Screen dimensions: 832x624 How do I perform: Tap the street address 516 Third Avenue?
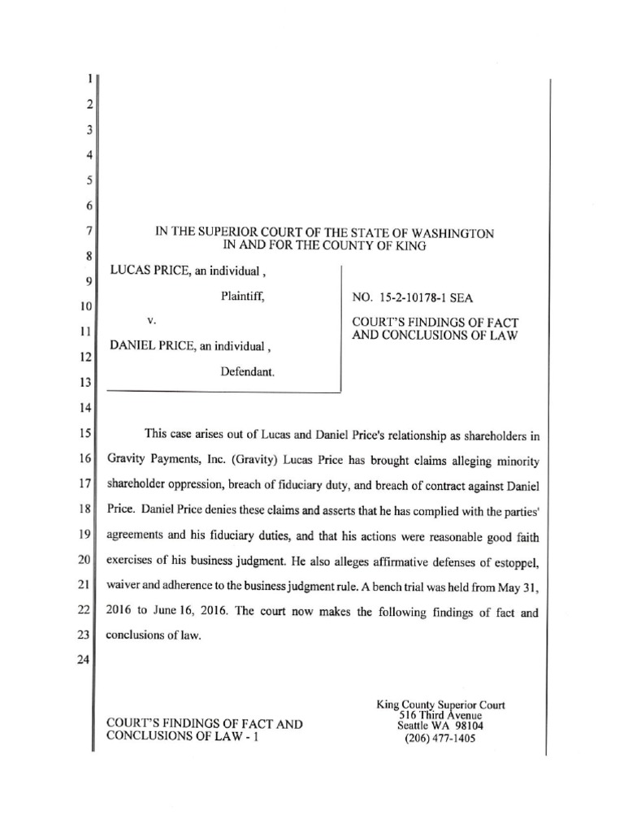point(441,716)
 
